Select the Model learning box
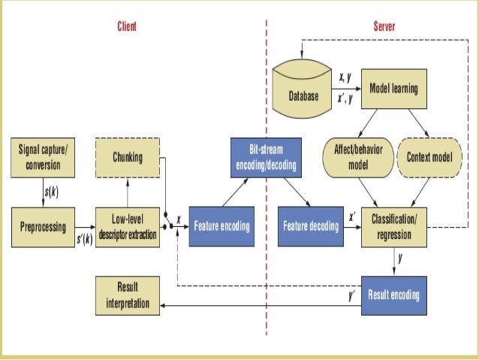click(x=393, y=89)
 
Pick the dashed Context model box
click(x=428, y=157)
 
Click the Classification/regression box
click(x=393, y=226)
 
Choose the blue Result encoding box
click(x=393, y=295)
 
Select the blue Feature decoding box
click(x=310, y=226)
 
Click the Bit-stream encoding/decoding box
click(x=265, y=157)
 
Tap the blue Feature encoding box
click(x=221, y=226)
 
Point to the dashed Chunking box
click(x=128, y=157)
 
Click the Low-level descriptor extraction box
click(x=128, y=226)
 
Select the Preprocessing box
click(x=42, y=226)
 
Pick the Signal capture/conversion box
click(x=42, y=157)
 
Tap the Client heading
click(x=127, y=26)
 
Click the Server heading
click(x=384, y=26)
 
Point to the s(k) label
click(x=51, y=192)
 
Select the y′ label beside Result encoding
click(x=351, y=295)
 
